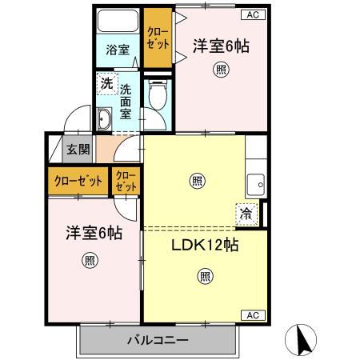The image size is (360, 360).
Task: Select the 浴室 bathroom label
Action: pos(118,50)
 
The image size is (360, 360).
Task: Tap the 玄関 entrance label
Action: pos(78,149)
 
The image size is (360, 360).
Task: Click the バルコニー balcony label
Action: pos(158,341)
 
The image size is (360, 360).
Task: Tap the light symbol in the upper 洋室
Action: pos(220,70)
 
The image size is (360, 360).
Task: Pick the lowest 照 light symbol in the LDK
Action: pos(205,277)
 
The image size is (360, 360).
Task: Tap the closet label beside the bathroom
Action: pos(157,38)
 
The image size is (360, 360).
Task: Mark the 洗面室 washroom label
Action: pos(125,102)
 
